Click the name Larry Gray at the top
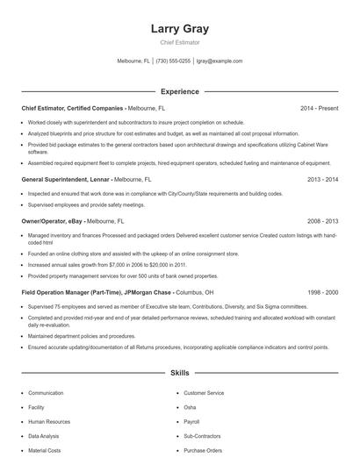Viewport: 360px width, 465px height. point(179,28)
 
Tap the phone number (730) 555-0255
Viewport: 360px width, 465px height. point(174,61)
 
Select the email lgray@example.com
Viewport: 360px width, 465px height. point(220,61)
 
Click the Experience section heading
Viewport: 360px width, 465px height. point(179,91)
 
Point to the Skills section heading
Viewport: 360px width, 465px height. point(179,373)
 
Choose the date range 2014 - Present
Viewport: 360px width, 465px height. point(319,108)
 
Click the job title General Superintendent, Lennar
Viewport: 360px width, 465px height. point(66,178)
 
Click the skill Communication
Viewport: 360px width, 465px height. point(46,393)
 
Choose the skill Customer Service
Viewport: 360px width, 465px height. point(204,393)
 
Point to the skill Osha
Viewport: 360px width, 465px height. point(190,407)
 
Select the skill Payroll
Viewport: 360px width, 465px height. point(192,421)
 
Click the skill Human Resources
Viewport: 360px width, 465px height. point(50,421)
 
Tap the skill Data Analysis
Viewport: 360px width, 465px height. point(45,435)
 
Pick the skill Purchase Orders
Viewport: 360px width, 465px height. point(204,450)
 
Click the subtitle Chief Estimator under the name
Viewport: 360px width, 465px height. point(179,42)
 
